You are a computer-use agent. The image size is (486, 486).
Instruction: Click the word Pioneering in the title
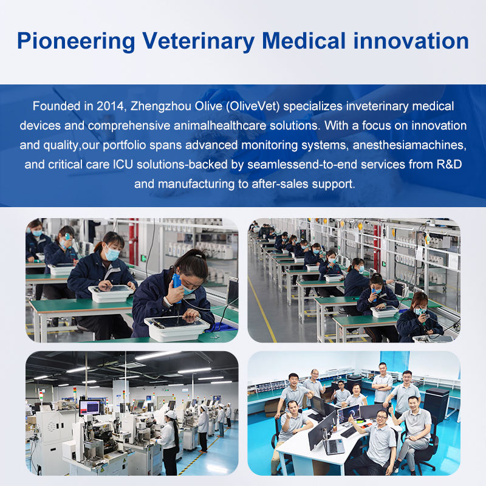(x=77, y=41)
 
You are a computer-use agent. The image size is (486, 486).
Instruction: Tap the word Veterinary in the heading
(x=199, y=41)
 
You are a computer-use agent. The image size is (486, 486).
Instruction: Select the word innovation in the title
(x=411, y=41)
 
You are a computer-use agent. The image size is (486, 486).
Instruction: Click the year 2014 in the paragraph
(x=110, y=106)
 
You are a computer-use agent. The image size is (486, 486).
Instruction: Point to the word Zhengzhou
(x=161, y=106)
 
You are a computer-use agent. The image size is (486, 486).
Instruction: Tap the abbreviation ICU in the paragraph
(x=123, y=164)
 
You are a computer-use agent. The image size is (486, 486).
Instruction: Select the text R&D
(x=449, y=164)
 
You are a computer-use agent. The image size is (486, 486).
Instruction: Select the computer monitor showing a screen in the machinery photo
(x=89, y=407)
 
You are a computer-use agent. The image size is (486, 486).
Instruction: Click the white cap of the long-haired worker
(x=171, y=414)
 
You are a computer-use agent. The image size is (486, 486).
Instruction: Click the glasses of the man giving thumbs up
(x=382, y=417)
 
